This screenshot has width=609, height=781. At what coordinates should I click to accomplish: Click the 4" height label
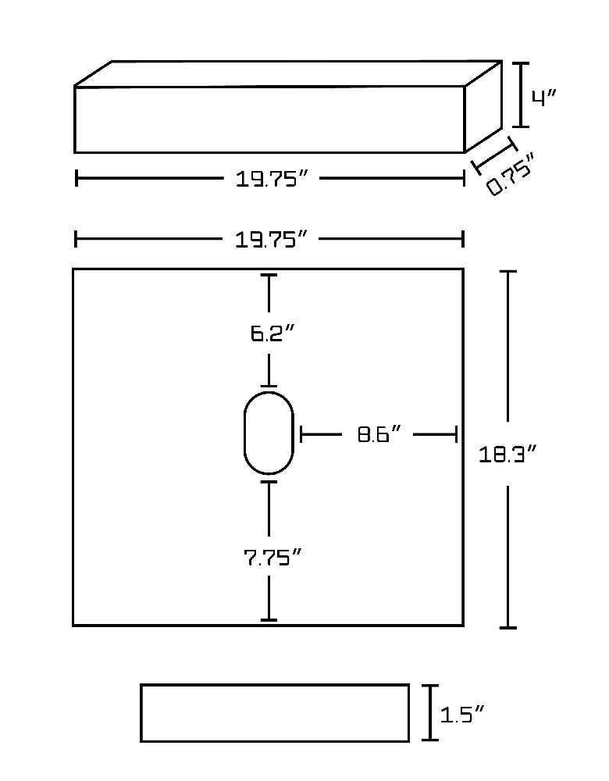tap(543, 98)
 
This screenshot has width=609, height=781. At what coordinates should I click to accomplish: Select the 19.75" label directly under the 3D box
tap(271, 179)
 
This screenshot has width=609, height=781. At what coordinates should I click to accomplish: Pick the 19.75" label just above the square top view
tap(270, 240)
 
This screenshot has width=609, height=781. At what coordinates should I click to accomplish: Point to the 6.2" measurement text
tap(272, 333)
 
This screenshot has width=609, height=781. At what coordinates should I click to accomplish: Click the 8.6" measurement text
tap(379, 434)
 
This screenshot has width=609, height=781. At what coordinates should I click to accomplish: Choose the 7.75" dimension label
tap(272, 558)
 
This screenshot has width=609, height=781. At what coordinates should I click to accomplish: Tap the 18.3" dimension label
tap(507, 455)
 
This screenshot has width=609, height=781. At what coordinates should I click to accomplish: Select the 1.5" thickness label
tap(461, 715)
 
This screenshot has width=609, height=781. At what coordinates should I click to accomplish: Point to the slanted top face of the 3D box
tap(288, 73)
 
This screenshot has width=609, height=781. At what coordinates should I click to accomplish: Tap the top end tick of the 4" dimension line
tap(521, 63)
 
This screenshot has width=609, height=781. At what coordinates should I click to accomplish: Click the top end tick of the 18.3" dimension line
tap(508, 272)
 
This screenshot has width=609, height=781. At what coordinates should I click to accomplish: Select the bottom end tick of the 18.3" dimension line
tap(508, 628)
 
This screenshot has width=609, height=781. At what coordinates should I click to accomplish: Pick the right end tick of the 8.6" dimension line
tap(456, 434)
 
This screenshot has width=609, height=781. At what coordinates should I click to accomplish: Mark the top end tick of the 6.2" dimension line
tap(269, 275)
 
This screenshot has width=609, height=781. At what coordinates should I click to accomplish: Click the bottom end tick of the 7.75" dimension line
tap(269, 619)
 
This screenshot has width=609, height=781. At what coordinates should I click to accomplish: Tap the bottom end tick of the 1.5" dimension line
tap(431, 740)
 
